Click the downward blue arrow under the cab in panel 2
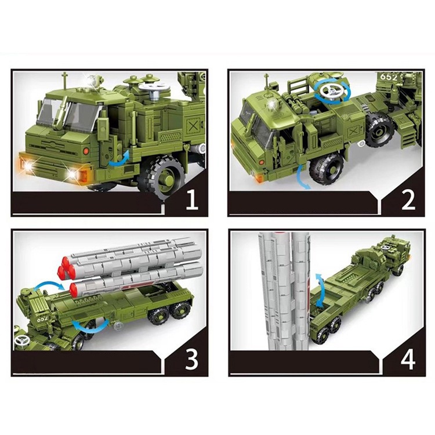(x=300, y=174)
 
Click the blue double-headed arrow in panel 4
(x=318, y=284)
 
